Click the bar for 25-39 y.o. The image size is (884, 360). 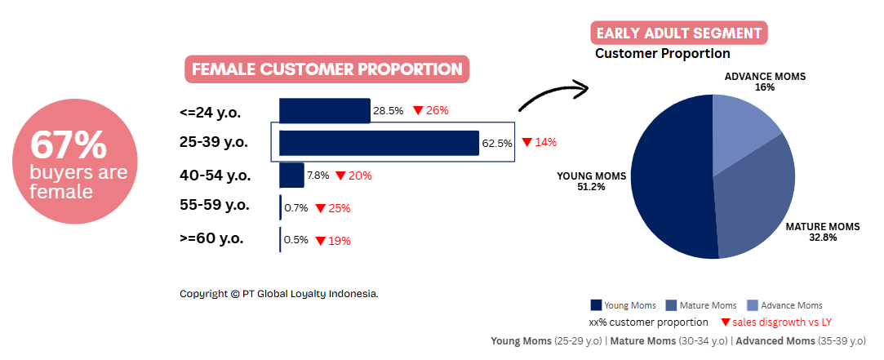click(x=379, y=143)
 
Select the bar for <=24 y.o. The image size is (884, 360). click(x=325, y=110)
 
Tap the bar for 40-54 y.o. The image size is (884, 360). click(x=291, y=176)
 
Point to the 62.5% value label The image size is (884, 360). click(x=496, y=144)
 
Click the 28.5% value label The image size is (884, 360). click(x=388, y=110)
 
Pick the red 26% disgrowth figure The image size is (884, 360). click(x=438, y=110)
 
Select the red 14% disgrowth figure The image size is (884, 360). click(x=546, y=142)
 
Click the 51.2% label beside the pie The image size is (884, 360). click(x=591, y=187)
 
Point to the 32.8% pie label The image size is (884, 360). click(x=823, y=238)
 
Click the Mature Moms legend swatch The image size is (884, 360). click(x=671, y=305)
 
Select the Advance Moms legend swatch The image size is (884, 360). click(x=752, y=305)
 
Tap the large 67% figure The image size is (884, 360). click(x=69, y=145)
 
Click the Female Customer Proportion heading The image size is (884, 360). click(x=327, y=69)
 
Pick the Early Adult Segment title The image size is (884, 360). click(x=679, y=33)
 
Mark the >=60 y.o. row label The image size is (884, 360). click(x=211, y=238)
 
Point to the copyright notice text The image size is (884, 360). click(x=279, y=294)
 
